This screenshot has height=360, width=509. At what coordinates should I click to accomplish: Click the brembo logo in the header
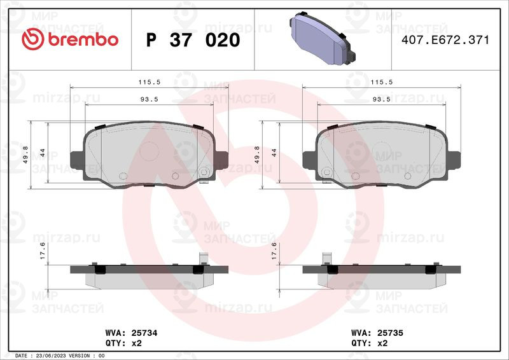coord(70,39)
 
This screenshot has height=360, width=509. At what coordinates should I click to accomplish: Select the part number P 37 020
coord(193,40)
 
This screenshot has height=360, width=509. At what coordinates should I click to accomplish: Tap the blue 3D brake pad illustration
coord(323,38)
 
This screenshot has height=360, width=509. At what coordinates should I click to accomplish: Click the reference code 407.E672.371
coord(445,40)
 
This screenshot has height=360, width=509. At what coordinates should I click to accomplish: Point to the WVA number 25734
coord(144,333)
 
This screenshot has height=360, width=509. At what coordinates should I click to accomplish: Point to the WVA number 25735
coord(390,333)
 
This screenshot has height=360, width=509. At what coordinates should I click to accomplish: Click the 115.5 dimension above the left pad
coord(150,82)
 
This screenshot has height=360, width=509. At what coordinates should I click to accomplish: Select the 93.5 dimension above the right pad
coord(381,99)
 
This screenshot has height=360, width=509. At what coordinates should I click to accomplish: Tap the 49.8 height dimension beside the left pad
coord(25,155)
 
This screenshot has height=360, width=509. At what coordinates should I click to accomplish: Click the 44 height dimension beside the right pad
coord(274,153)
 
